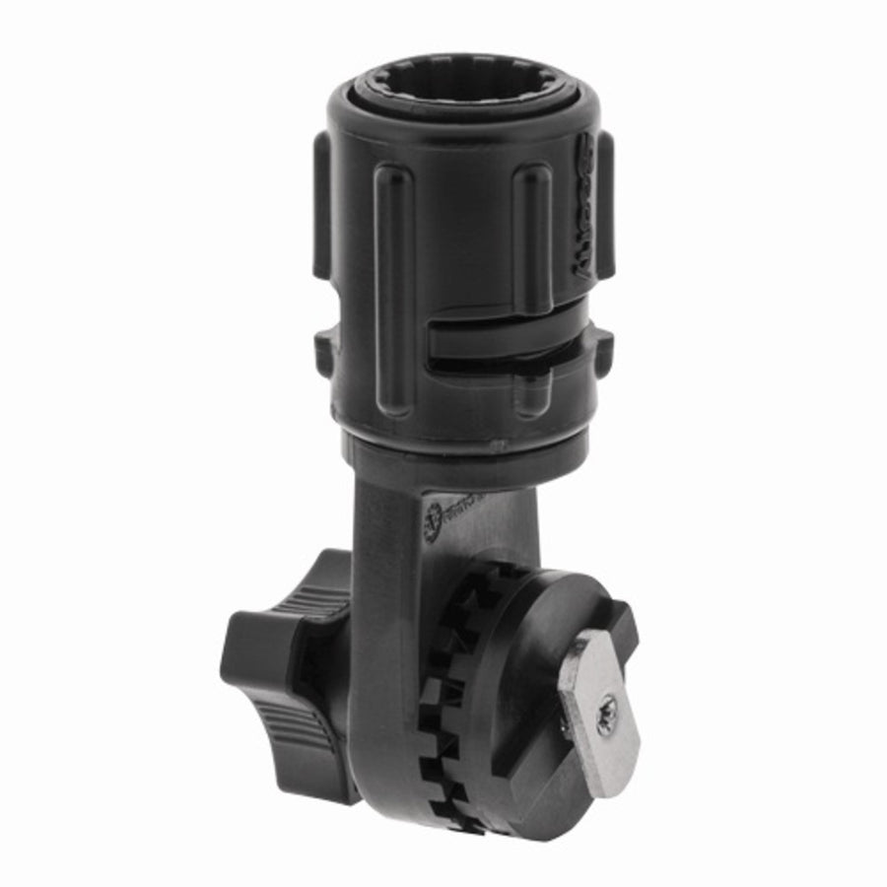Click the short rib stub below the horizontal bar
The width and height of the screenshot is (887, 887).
pos(533,394)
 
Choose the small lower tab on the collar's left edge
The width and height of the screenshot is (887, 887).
pos(324,347)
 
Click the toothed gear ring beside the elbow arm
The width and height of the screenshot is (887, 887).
pos(443,690)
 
